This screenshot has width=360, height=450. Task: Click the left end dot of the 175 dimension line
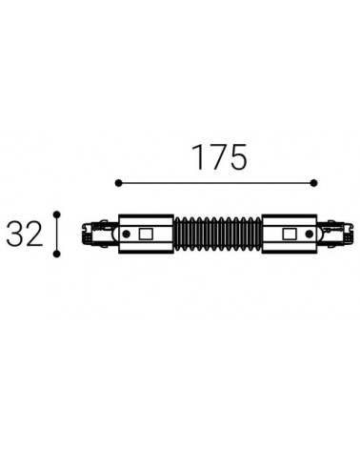coord(117,182)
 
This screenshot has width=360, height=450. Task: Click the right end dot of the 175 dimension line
coord(318,182)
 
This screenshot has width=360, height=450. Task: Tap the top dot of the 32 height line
coord(59,215)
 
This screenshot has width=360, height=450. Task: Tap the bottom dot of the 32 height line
coord(59,254)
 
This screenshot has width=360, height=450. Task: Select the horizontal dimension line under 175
coord(218,182)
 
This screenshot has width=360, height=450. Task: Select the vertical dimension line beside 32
coord(59,234)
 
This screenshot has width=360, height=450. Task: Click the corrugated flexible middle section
coord(217,234)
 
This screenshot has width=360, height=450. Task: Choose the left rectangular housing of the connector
coord(146,234)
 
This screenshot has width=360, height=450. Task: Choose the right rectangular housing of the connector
coord(290,234)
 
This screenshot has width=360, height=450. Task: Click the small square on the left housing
coord(147,234)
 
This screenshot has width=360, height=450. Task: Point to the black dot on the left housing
coord(127,234)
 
